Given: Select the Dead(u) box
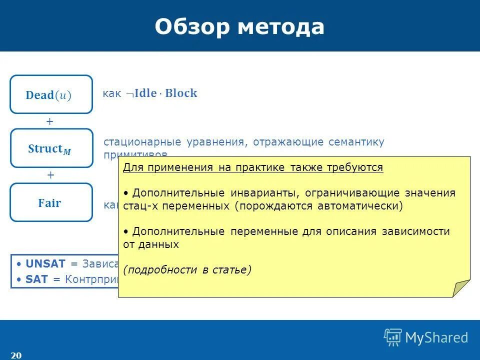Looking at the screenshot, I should click(x=51, y=94).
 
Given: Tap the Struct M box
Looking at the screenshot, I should click(x=51, y=148).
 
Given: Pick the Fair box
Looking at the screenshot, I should click(x=51, y=202).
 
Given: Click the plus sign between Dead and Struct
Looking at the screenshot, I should click(x=50, y=121).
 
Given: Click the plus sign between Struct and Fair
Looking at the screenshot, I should click(x=50, y=175).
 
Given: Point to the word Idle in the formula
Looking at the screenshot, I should click(x=145, y=93).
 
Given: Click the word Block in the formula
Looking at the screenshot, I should click(x=181, y=93).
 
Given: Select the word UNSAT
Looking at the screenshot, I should click(x=45, y=264).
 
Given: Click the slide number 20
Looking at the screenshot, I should click(x=16, y=355).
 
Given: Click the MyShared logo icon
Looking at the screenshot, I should click(x=393, y=337).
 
